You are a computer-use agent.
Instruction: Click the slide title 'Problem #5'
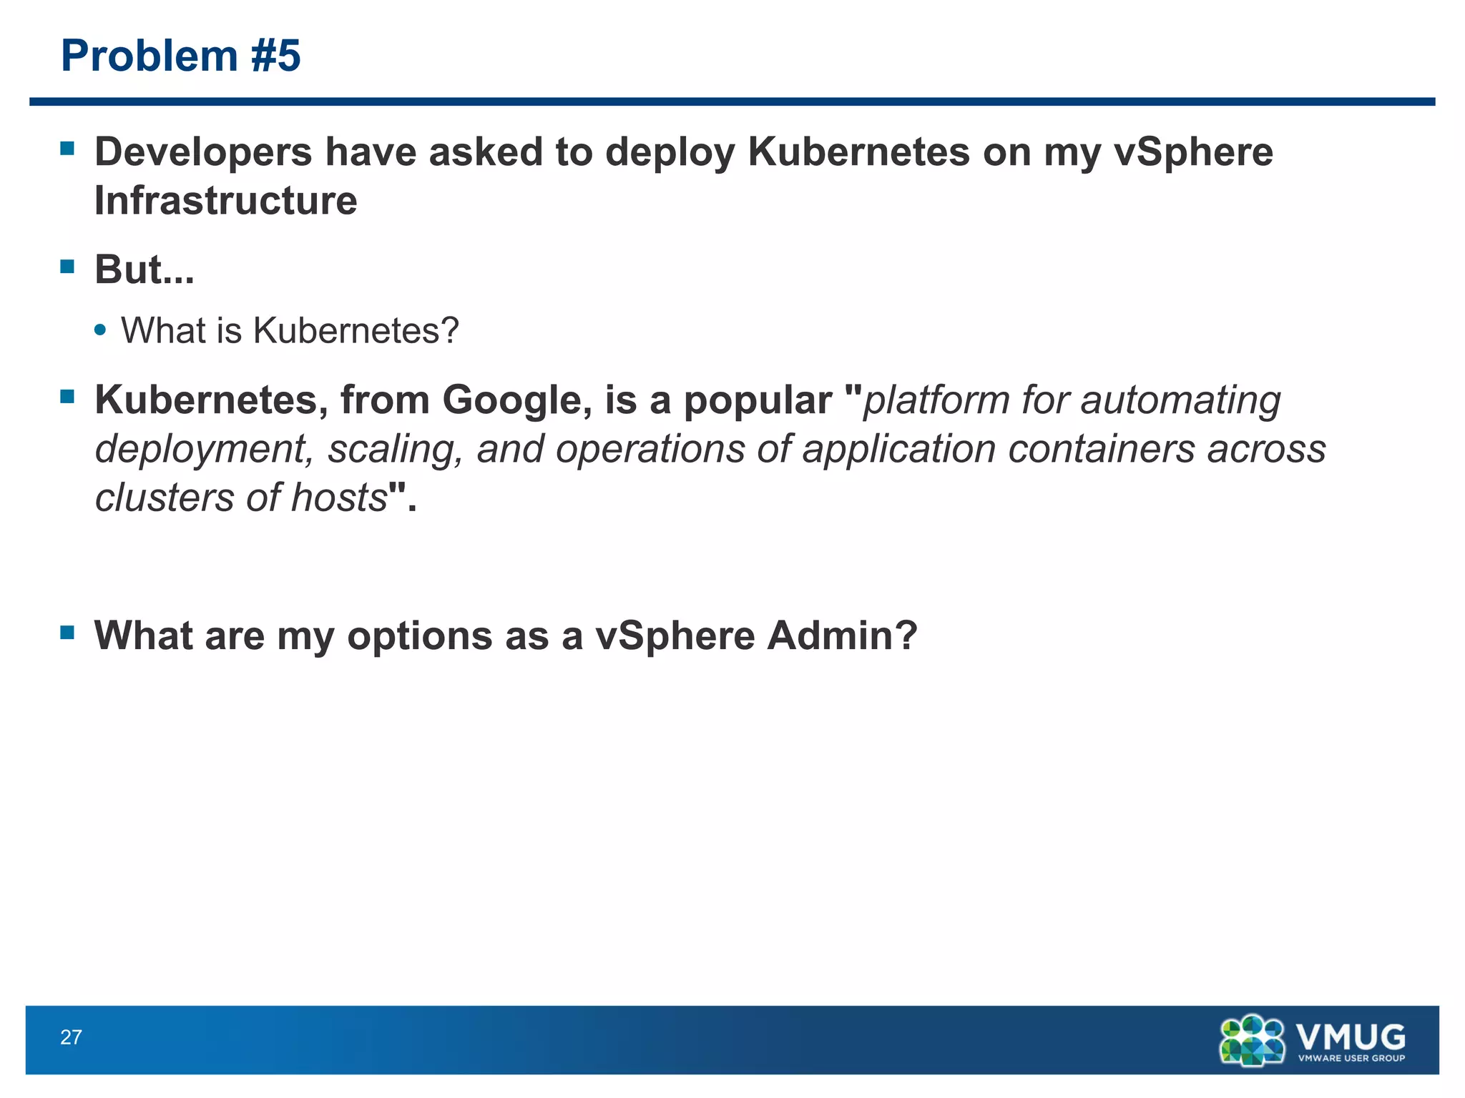[181, 56]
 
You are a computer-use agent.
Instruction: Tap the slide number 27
[71, 1037]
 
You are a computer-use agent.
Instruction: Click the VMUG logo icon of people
[1252, 1040]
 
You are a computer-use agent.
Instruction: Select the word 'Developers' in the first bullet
[204, 152]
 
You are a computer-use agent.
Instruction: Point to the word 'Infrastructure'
[226, 200]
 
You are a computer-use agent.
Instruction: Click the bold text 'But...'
[144, 269]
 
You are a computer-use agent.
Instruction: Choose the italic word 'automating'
[1180, 400]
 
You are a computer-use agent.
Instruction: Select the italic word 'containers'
[1102, 449]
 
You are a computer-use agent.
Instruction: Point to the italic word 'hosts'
[339, 498]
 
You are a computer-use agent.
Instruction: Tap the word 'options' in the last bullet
[420, 635]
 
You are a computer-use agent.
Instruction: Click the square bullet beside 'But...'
[68, 267]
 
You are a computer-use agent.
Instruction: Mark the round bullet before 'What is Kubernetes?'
[101, 330]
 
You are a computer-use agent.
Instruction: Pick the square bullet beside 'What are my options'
[68, 632]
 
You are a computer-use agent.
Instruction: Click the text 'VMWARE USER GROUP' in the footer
[1351, 1059]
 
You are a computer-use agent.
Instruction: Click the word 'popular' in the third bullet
[758, 400]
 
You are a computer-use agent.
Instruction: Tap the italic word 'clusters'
[165, 498]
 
